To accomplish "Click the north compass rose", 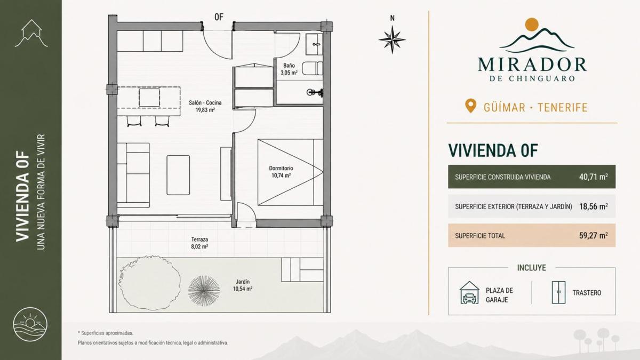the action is pos(393,39).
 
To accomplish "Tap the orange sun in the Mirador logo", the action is pos(532,25).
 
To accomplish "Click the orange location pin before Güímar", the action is pos(470,106).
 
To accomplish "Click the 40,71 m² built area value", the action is pos(594,177).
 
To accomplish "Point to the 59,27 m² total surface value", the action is pos(594,235).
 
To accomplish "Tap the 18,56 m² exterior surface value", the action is pos(594,206).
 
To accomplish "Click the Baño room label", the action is pos(289,66).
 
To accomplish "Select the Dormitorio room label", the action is pos(281,169).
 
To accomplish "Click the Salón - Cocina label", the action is pos(205,102).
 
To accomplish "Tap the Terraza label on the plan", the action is pos(199,239).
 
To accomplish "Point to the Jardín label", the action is pos(243,282).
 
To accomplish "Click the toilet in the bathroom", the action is pos(313,69).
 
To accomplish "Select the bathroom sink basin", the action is pos(315,44).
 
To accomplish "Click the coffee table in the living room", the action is pos(178,175).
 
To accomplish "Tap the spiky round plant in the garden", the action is pos(204,291).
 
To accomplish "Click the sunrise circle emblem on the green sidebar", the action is pos(30,325).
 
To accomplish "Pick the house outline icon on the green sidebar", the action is pos(31,33).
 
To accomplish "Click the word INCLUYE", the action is pos(531,268).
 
